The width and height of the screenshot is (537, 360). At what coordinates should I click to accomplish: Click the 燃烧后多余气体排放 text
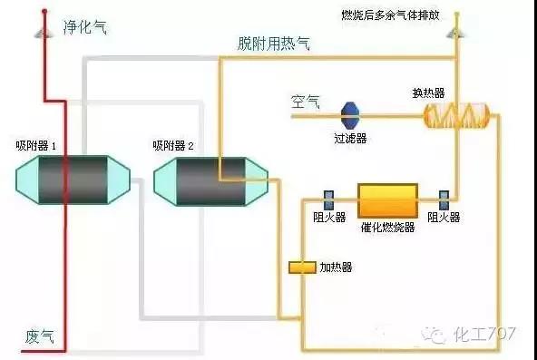click(x=402, y=15)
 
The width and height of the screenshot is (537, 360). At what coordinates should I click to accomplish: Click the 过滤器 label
click(x=350, y=139)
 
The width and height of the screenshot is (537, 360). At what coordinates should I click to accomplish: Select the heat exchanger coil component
click(x=457, y=114)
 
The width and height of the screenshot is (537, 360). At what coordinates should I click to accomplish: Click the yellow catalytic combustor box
click(x=386, y=199)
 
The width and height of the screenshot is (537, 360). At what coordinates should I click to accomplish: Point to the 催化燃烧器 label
click(x=386, y=227)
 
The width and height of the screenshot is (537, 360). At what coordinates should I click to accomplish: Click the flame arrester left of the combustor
click(x=329, y=199)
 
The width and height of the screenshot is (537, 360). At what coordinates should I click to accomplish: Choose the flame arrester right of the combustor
click(x=444, y=199)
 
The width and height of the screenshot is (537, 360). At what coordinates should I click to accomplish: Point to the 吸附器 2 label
click(x=173, y=145)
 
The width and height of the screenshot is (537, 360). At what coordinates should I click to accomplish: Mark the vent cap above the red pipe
click(x=42, y=32)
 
